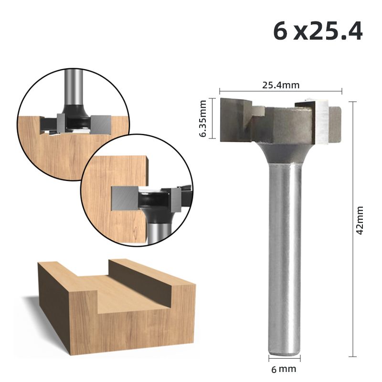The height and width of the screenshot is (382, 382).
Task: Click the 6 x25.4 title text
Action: tap(317, 32)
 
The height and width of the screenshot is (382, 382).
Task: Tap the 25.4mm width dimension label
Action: tap(281, 85)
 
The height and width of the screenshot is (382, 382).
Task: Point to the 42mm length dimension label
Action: tap(360, 220)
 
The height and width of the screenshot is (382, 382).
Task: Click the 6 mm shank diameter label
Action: tap(284, 369)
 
